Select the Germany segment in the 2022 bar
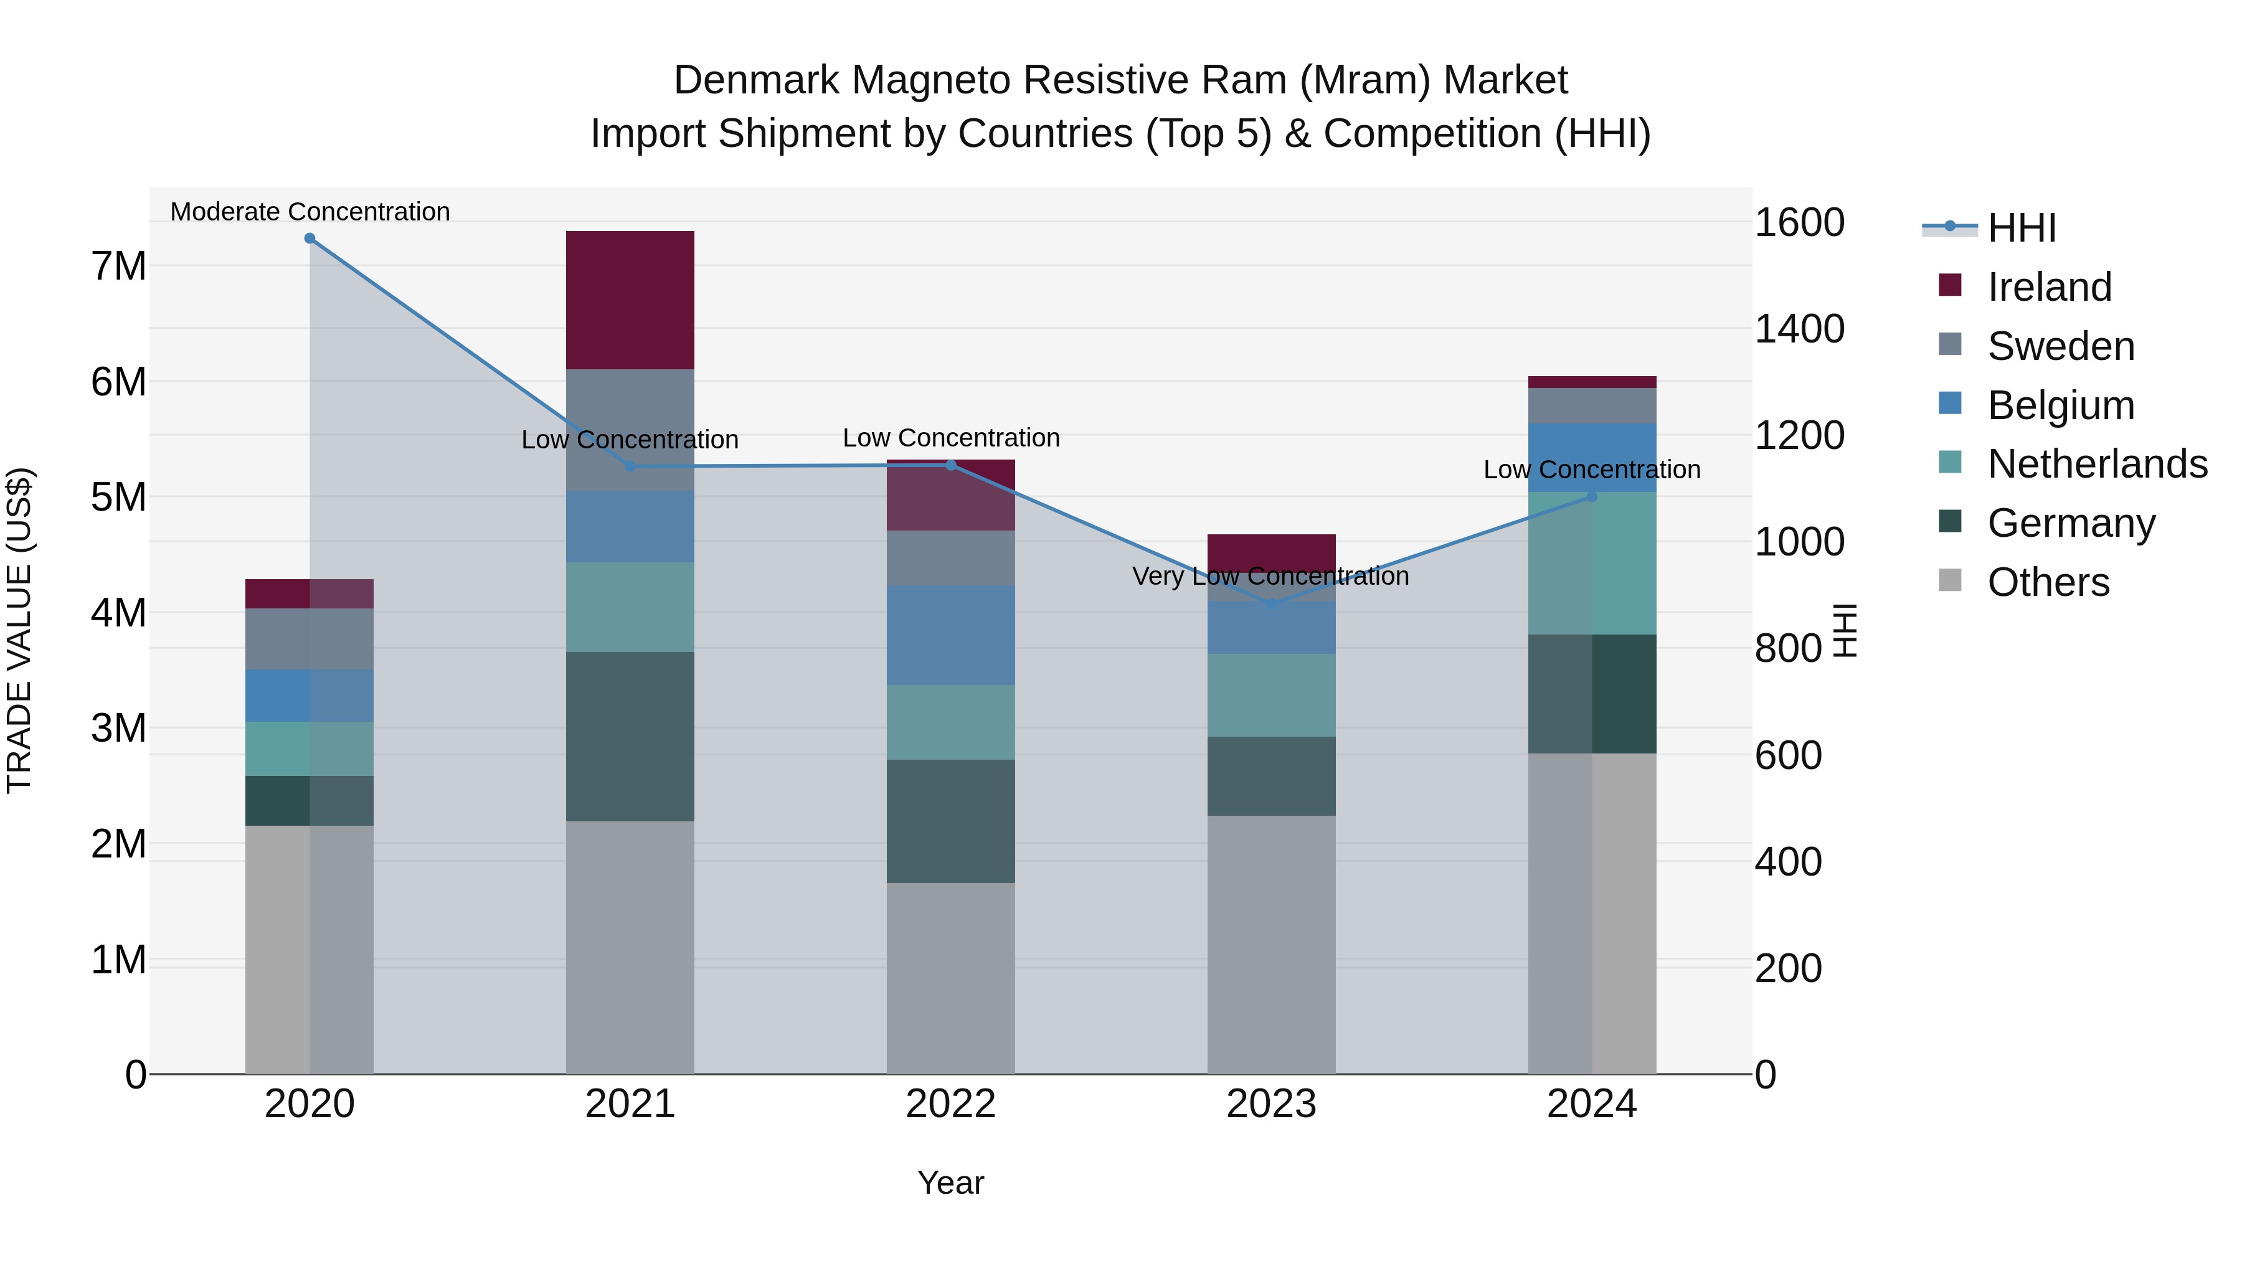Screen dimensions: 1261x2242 [950, 821]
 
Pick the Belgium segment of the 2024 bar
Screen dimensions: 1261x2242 [1592, 457]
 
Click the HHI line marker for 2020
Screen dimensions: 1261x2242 [310, 239]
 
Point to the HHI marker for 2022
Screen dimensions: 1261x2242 [950, 465]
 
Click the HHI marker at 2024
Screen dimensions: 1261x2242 [1592, 496]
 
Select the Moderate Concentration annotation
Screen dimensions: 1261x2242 [310, 212]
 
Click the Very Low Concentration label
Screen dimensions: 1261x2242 [1270, 576]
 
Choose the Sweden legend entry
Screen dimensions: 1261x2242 [2060, 346]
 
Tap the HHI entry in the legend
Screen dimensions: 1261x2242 [2021, 228]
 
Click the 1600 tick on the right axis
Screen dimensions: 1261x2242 [1798, 223]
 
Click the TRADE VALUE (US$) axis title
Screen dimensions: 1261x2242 [19, 630]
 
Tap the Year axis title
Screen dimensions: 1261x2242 [950, 1183]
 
